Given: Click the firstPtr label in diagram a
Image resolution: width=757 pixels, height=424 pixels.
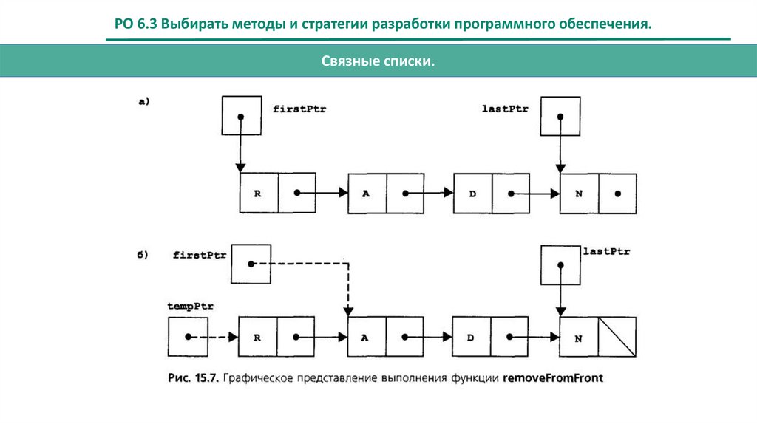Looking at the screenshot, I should [x=299, y=109].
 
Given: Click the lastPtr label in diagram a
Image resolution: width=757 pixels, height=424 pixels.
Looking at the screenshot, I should [x=505, y=109].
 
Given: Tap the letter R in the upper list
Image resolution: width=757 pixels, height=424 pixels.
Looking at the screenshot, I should [x=258, y=193].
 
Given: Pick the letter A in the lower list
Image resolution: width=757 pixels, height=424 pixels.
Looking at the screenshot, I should [x=364, y=337].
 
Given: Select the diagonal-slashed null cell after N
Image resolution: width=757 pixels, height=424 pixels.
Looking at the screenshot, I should [x=617, y=337].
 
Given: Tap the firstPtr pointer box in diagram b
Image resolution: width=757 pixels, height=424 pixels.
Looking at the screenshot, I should [x=251, y=264].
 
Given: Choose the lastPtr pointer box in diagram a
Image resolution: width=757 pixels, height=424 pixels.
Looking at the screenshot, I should [x=560, y=116].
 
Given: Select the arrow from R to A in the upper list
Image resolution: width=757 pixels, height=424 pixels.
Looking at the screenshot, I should [x=322, y=193].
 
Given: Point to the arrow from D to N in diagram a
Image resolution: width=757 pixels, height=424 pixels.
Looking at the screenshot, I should [x=536, y=194].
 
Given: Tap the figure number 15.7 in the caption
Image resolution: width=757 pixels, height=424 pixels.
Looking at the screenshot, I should [x=214, y=378].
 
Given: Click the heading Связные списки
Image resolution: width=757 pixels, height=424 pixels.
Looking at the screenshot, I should [x=378, y=64].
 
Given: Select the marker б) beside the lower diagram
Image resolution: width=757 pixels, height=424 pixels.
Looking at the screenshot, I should [x=143, y=255].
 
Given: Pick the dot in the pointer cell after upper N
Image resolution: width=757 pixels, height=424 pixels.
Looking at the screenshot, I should [x=617, y=194].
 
